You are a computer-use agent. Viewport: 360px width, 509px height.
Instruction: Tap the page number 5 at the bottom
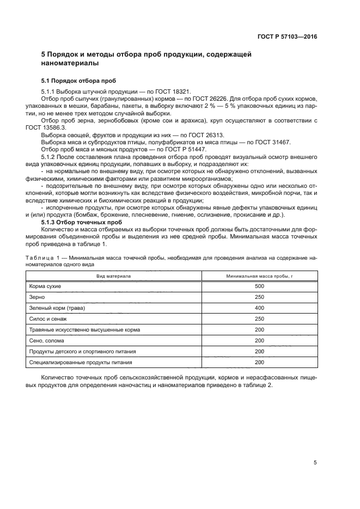pyautogui.click(x=315, y=462)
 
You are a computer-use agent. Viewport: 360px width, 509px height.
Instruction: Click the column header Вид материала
pyautogui.click(x=113, y=277)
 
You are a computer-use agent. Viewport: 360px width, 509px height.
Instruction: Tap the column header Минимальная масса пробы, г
pyautogui.click(x=259, y=277)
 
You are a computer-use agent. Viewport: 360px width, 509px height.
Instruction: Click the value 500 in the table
pyautogui.click(x=259, y=286)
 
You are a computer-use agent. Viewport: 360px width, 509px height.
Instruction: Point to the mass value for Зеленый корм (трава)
pyautogui.click(x=259, y=308)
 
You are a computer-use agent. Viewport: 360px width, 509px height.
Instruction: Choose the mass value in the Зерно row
pyautogui.click(x=259, y=297)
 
